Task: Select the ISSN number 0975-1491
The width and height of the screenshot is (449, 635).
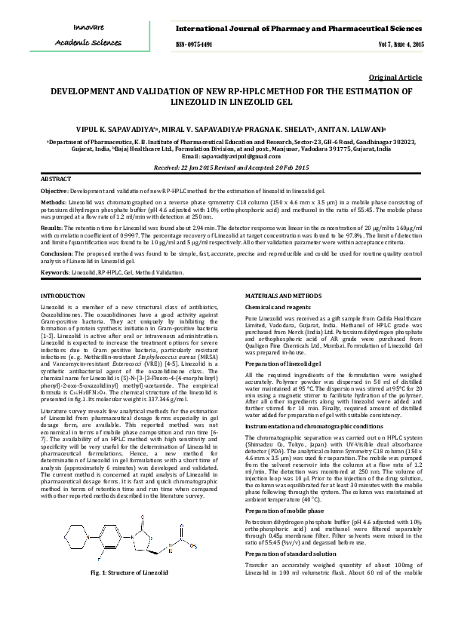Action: click(194, 44)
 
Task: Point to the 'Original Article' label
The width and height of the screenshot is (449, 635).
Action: click(395, 78)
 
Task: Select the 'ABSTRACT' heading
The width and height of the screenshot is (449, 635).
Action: click(56, 181)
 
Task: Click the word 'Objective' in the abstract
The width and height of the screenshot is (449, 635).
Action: click(53, 192)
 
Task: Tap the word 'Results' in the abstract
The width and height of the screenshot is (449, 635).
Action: click(51, 226)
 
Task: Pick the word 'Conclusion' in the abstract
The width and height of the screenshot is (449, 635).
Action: click(55, 253)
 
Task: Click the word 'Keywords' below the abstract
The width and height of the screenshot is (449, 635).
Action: click(54, 271)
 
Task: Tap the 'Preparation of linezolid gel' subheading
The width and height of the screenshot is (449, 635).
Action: click(281, 364)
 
